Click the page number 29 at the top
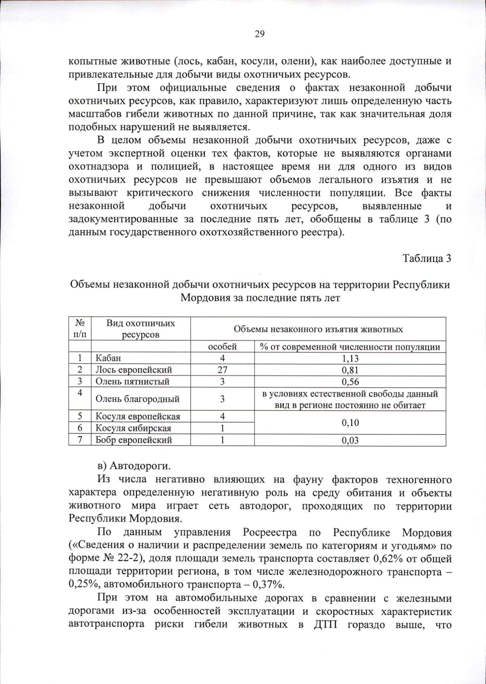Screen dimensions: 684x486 click(260, 34)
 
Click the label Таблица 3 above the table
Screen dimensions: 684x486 click(426, 258)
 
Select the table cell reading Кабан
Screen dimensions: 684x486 click(108, 358)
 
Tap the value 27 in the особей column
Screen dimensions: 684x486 click(222, 370)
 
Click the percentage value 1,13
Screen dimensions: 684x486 click(350, 358)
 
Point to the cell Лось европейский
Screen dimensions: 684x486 click(134, 370)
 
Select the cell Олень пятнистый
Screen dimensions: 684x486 click(132, 382)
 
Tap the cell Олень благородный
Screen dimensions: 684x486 click(137, 399)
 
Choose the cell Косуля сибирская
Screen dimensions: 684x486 click(133, 428)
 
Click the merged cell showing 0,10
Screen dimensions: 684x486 click(350, 422)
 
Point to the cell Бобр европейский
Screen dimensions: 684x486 click(134, 440)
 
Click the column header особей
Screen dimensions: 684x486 click(222, 347)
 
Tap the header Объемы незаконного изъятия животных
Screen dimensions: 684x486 click(318, 329)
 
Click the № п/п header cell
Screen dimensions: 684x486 click(80, 329)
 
